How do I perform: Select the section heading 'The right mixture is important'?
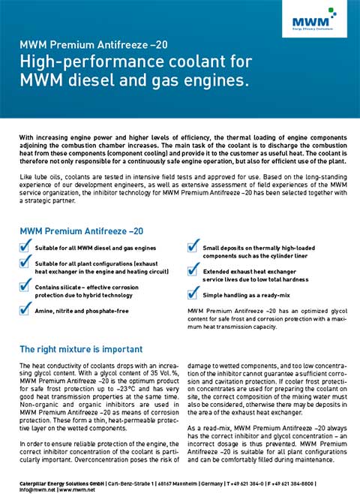point(81,349)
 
